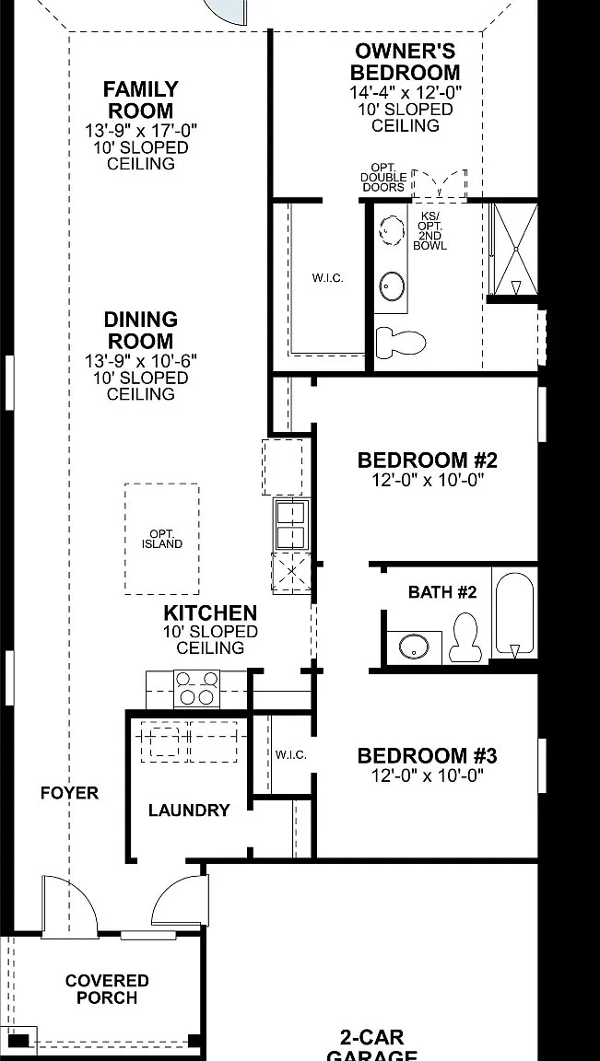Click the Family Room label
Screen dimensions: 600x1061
tap(141, 99)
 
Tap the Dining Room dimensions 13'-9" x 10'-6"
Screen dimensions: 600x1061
tap(141, 361)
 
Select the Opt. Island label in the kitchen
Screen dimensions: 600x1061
tap(162, 539)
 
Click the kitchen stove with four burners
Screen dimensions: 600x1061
tap(197, 688)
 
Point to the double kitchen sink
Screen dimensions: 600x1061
tap(292, 524)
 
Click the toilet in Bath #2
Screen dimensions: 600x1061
tap(465, 637)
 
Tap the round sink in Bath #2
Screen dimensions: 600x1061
tap(414, 647)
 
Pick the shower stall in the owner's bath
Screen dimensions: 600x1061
tap(514, 249)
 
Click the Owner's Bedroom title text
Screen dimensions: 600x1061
tap(405, 62)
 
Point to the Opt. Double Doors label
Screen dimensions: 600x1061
tap(383, 177)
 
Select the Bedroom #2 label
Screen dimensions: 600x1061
tap(428, 461)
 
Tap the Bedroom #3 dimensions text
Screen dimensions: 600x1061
tap(428, 775)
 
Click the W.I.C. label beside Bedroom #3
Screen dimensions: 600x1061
tap(291, 754)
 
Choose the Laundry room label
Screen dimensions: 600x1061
tap(189, 810)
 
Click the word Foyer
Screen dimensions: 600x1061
tap(70, 793)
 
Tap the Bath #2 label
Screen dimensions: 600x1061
tap(442, 593)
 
